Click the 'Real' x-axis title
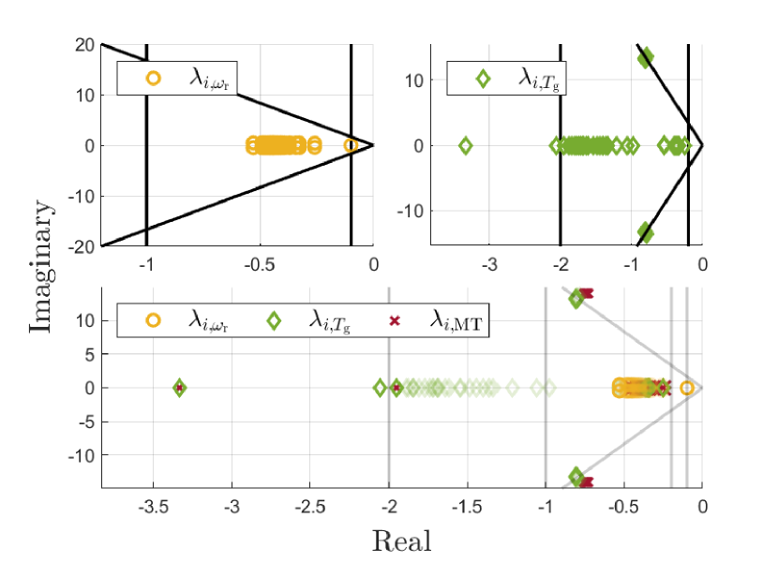pyautogui.click(x=402, y=541)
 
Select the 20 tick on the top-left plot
pyautogui.click(x=83, y=44)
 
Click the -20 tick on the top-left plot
pyautogui.click(x=81, y=246)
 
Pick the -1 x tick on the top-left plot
pyautogui.click(x=145, y=265)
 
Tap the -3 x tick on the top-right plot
pyautogui.click(x=489, y=265)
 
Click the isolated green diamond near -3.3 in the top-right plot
pyautogui.click(x=465, y=145)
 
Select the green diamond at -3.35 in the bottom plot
pyautogui.click(x=179, y=388)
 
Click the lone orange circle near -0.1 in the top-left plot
pyautogui.click(x=351, y=145)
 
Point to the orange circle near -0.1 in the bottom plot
pyautogui.click(x=687, y=388)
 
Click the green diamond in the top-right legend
pyautogui.click(x=484, y=78)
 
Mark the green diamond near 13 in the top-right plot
pyautogui.click(x=645, y=58)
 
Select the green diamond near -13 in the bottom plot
pyautogui.click(x=577, y=476)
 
